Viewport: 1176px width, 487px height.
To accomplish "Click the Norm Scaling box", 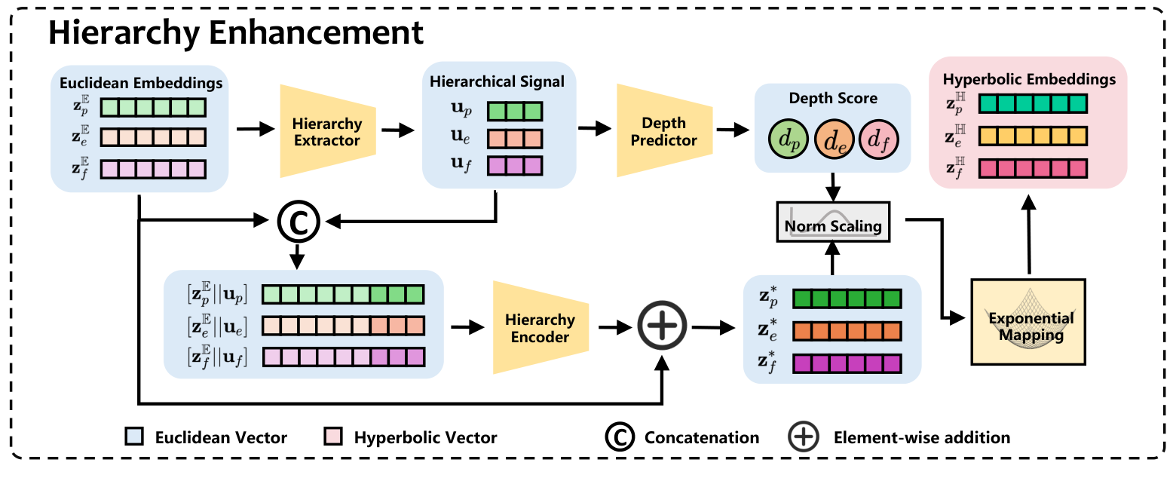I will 833,225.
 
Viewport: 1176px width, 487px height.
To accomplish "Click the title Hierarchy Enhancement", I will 236,33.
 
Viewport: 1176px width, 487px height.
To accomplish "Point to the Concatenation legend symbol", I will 617,437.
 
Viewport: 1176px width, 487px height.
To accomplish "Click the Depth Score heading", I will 833,99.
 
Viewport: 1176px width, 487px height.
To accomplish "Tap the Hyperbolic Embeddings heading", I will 1030,79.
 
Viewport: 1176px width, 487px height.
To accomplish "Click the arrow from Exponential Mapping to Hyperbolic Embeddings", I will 1029,234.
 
